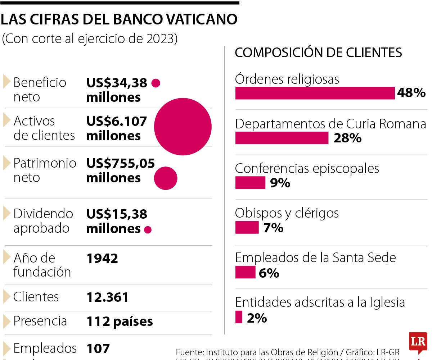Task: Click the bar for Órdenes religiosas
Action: [x=315, y=94]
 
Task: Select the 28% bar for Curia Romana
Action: [x=282, y=138]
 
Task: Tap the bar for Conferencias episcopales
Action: [x=250, y=183]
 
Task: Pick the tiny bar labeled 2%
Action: [x=239, y=317]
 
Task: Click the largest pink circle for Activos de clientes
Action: [x=183, y=127]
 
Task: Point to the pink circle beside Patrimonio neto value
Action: [x=166, y=178]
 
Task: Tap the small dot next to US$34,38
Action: [x=156, y=83]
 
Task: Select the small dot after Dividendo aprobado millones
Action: [x=148, y=230]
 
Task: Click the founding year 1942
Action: [x=102, y=258]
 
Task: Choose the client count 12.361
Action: [x=107, y=297]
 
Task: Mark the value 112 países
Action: [x=120, y=321]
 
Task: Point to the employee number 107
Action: [x=98, y=348]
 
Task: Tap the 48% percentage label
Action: [x=411, y=94]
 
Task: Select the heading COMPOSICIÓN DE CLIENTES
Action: [x=318, y=53]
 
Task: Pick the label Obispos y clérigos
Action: [x=287, y=213]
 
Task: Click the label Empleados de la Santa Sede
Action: [x=315, y=258]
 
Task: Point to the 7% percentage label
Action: [x=273, y=228]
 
